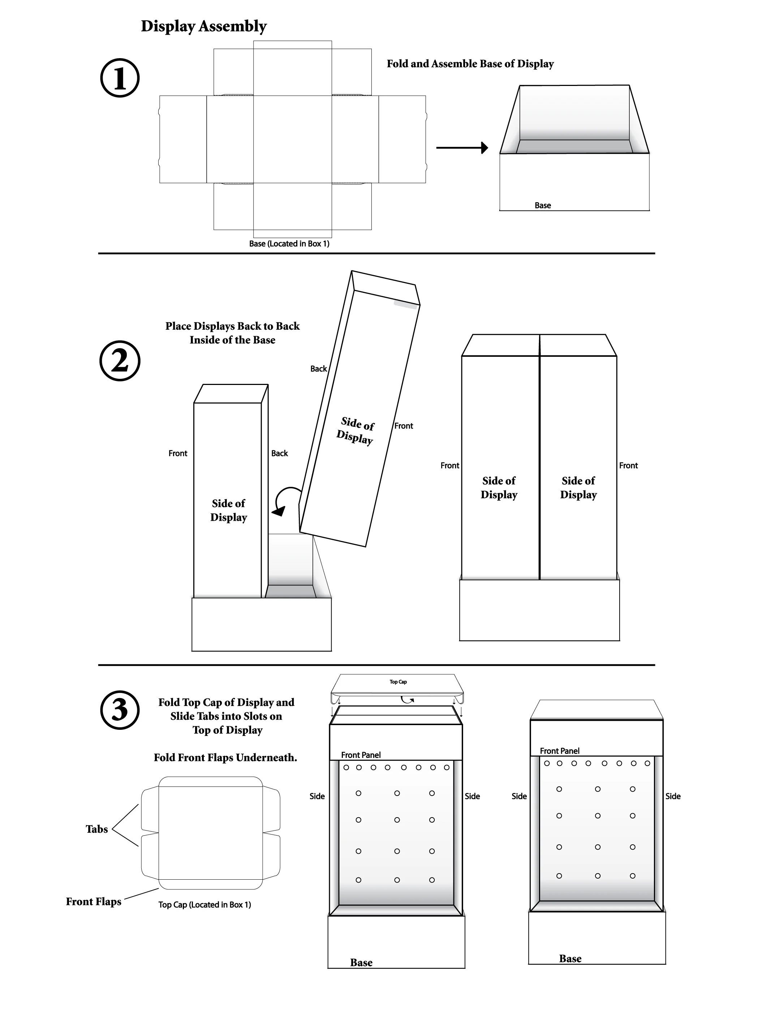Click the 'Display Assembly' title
point(203,26)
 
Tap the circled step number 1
point(120,78)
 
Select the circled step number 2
point(120,361)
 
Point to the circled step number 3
point(120,710)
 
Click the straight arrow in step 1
point(462,148)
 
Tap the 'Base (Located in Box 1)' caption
point(289,244)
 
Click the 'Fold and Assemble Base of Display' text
point(470,64)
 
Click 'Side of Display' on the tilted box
point(356,430)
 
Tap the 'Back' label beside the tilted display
point(319,369)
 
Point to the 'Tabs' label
point(96,829)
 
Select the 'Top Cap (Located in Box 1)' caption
point(204,905)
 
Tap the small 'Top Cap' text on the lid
point(398,681)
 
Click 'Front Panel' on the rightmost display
point(559,751)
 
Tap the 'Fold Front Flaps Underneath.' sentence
point(225,758)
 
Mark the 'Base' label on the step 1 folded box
point(543,205)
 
